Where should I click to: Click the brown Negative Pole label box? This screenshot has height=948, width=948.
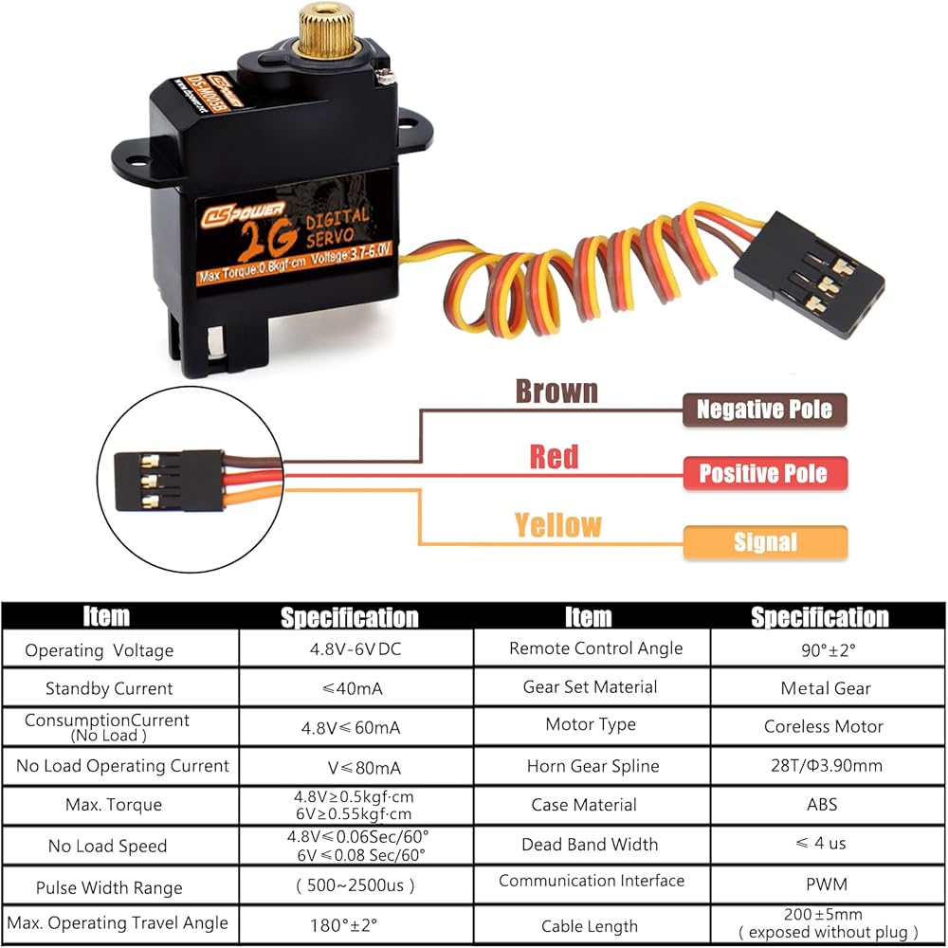click(764, 410)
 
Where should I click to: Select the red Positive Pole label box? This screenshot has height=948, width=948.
click(764, 473)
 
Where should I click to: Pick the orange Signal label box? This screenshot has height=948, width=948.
click(764, 542)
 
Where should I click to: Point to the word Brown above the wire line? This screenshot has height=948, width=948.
click(556, 391)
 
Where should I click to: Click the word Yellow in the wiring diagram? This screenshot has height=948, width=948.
click(557, 524)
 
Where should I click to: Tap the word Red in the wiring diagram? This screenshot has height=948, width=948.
click(554, 457)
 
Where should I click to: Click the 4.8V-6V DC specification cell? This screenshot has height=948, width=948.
click(355, 650)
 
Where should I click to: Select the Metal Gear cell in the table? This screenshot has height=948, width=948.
click(826, 688)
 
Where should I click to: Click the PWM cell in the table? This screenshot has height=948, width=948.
click(825, 884)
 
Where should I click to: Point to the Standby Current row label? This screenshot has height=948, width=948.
click(109, 688)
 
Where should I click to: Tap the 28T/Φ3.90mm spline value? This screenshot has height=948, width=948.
click(824, 766)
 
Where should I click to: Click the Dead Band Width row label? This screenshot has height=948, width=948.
click(590, 844)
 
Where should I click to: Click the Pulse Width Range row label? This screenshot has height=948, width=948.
click(109, 887)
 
